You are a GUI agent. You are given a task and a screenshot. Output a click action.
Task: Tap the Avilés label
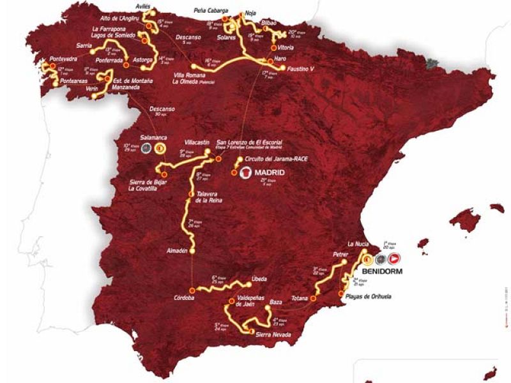142,7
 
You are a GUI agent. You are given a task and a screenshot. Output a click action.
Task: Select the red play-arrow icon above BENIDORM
393,259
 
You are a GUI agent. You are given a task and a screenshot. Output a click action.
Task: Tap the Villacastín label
197,143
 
